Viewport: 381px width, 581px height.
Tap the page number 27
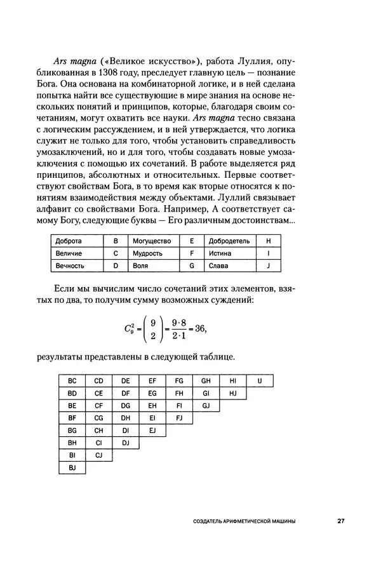pos(340,521)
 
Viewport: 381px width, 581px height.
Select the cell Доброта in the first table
pos(68,241)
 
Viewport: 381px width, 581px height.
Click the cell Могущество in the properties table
pos(152,241)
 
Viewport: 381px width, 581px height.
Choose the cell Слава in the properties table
pos(217,265)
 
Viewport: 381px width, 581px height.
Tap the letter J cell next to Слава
pos(269,265)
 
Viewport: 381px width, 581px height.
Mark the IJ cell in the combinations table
pos(260,380)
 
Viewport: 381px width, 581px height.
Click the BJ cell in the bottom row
pos(72,467)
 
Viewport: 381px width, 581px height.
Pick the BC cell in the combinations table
pos(72,380)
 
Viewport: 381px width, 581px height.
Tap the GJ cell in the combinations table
pos(205,405)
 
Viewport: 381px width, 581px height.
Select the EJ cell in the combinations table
pos(152,430)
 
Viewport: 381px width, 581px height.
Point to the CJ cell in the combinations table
pos(98,455)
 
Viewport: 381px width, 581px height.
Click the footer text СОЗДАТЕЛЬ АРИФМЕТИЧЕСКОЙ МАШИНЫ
pos(244,521)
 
